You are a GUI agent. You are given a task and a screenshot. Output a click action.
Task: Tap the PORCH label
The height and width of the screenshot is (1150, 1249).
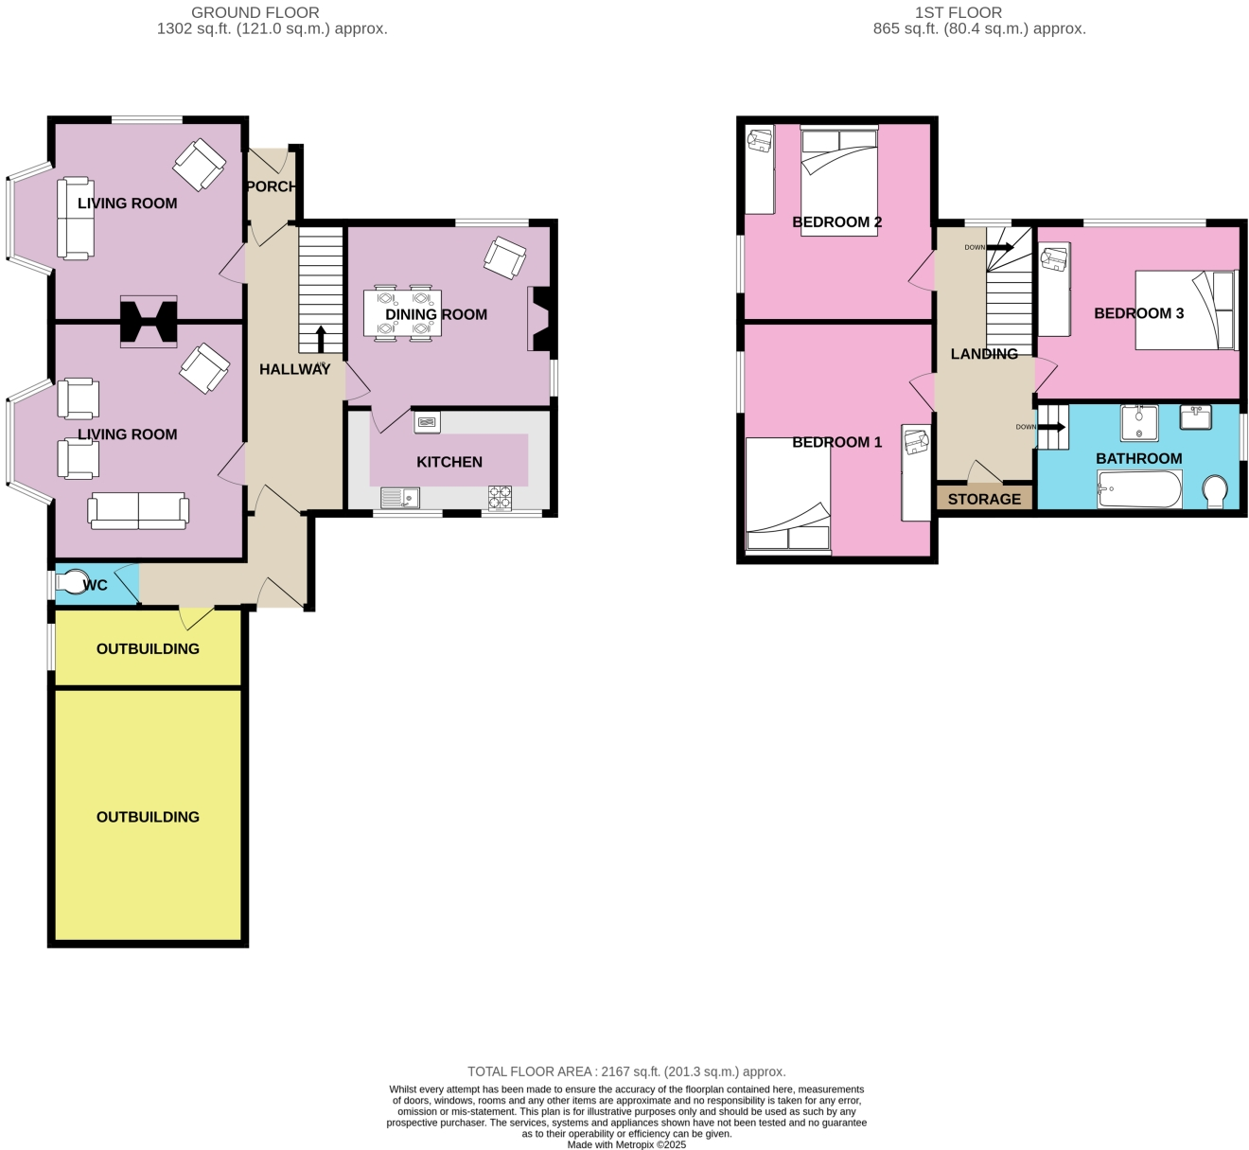pyautogui.click(x=271, y=186)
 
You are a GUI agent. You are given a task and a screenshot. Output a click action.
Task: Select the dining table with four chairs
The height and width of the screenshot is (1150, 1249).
pyautogui.click(x=402, y=313)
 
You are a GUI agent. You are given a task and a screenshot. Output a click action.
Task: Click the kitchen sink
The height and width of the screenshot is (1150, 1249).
pyautogui.click(x=399, y=497)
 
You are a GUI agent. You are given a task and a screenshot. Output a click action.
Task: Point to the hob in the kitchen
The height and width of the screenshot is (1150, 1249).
pyautogui.click(x=500, y=497)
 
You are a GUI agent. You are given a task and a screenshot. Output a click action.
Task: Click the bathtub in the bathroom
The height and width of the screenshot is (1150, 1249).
pyautogui.click(x=1139, y=490)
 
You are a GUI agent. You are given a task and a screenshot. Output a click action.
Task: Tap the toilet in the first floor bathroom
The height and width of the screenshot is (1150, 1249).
pyautogui.click(x=1214, y=491)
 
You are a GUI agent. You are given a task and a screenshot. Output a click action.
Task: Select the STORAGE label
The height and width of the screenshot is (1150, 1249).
pyautogui.click(x=984, y=499)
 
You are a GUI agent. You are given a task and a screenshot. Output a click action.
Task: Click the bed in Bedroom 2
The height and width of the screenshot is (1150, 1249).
pyautogui.click(x=838, y=180)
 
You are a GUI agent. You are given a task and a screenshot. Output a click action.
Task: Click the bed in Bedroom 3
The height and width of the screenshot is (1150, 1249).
pyautogui.click(x=1186, y=310)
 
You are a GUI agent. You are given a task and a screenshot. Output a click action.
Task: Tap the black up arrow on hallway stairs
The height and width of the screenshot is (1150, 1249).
pyautogui.click(x=321, y=339)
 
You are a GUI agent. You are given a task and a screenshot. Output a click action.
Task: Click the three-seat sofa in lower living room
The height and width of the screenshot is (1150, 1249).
pyautogui.click(x=138, y=510)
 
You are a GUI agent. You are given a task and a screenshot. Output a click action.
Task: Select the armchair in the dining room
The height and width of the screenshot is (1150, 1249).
pyautogui.click(x=504, y=257)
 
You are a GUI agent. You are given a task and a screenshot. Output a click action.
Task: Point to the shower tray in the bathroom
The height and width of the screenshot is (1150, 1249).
pyautogui.click(x=1139, y=423)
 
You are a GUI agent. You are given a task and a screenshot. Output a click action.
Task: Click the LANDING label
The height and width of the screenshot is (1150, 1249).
pyautogui.click(x=984, y=354)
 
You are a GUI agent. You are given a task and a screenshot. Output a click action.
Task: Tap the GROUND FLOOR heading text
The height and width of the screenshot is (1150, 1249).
pyautogui.click(x=255, y=12)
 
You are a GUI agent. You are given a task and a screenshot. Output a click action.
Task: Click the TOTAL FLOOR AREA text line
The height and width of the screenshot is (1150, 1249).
pyautogui.click(x=626, y=1071)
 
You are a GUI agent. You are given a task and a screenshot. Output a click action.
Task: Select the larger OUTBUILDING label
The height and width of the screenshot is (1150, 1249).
pyautogui.click(x=148, y=817)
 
